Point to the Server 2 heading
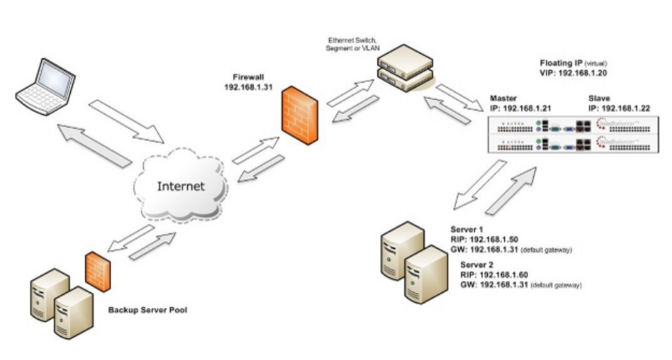(x=478, y=265)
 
